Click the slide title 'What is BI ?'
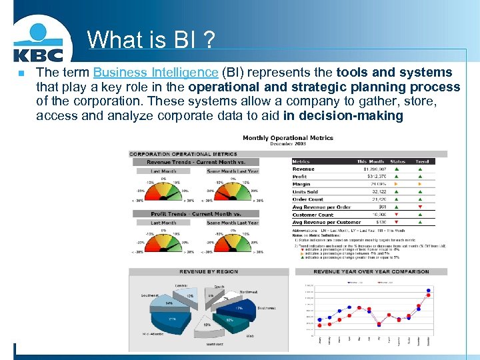pos(151,40)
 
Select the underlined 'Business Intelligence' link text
pos(155,73)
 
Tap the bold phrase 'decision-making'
pos(343,116)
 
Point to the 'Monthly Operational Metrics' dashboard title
pos(288,138)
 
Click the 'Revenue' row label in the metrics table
pos(303,169)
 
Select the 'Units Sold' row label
pos(305,192)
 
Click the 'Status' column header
pos(397,161)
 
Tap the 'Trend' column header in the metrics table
pos(422,161)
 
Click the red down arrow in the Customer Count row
pos(398,215)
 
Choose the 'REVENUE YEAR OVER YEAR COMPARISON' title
pos(371,271)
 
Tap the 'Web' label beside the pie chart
pos(250,336)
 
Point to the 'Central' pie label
pos(181,286)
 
